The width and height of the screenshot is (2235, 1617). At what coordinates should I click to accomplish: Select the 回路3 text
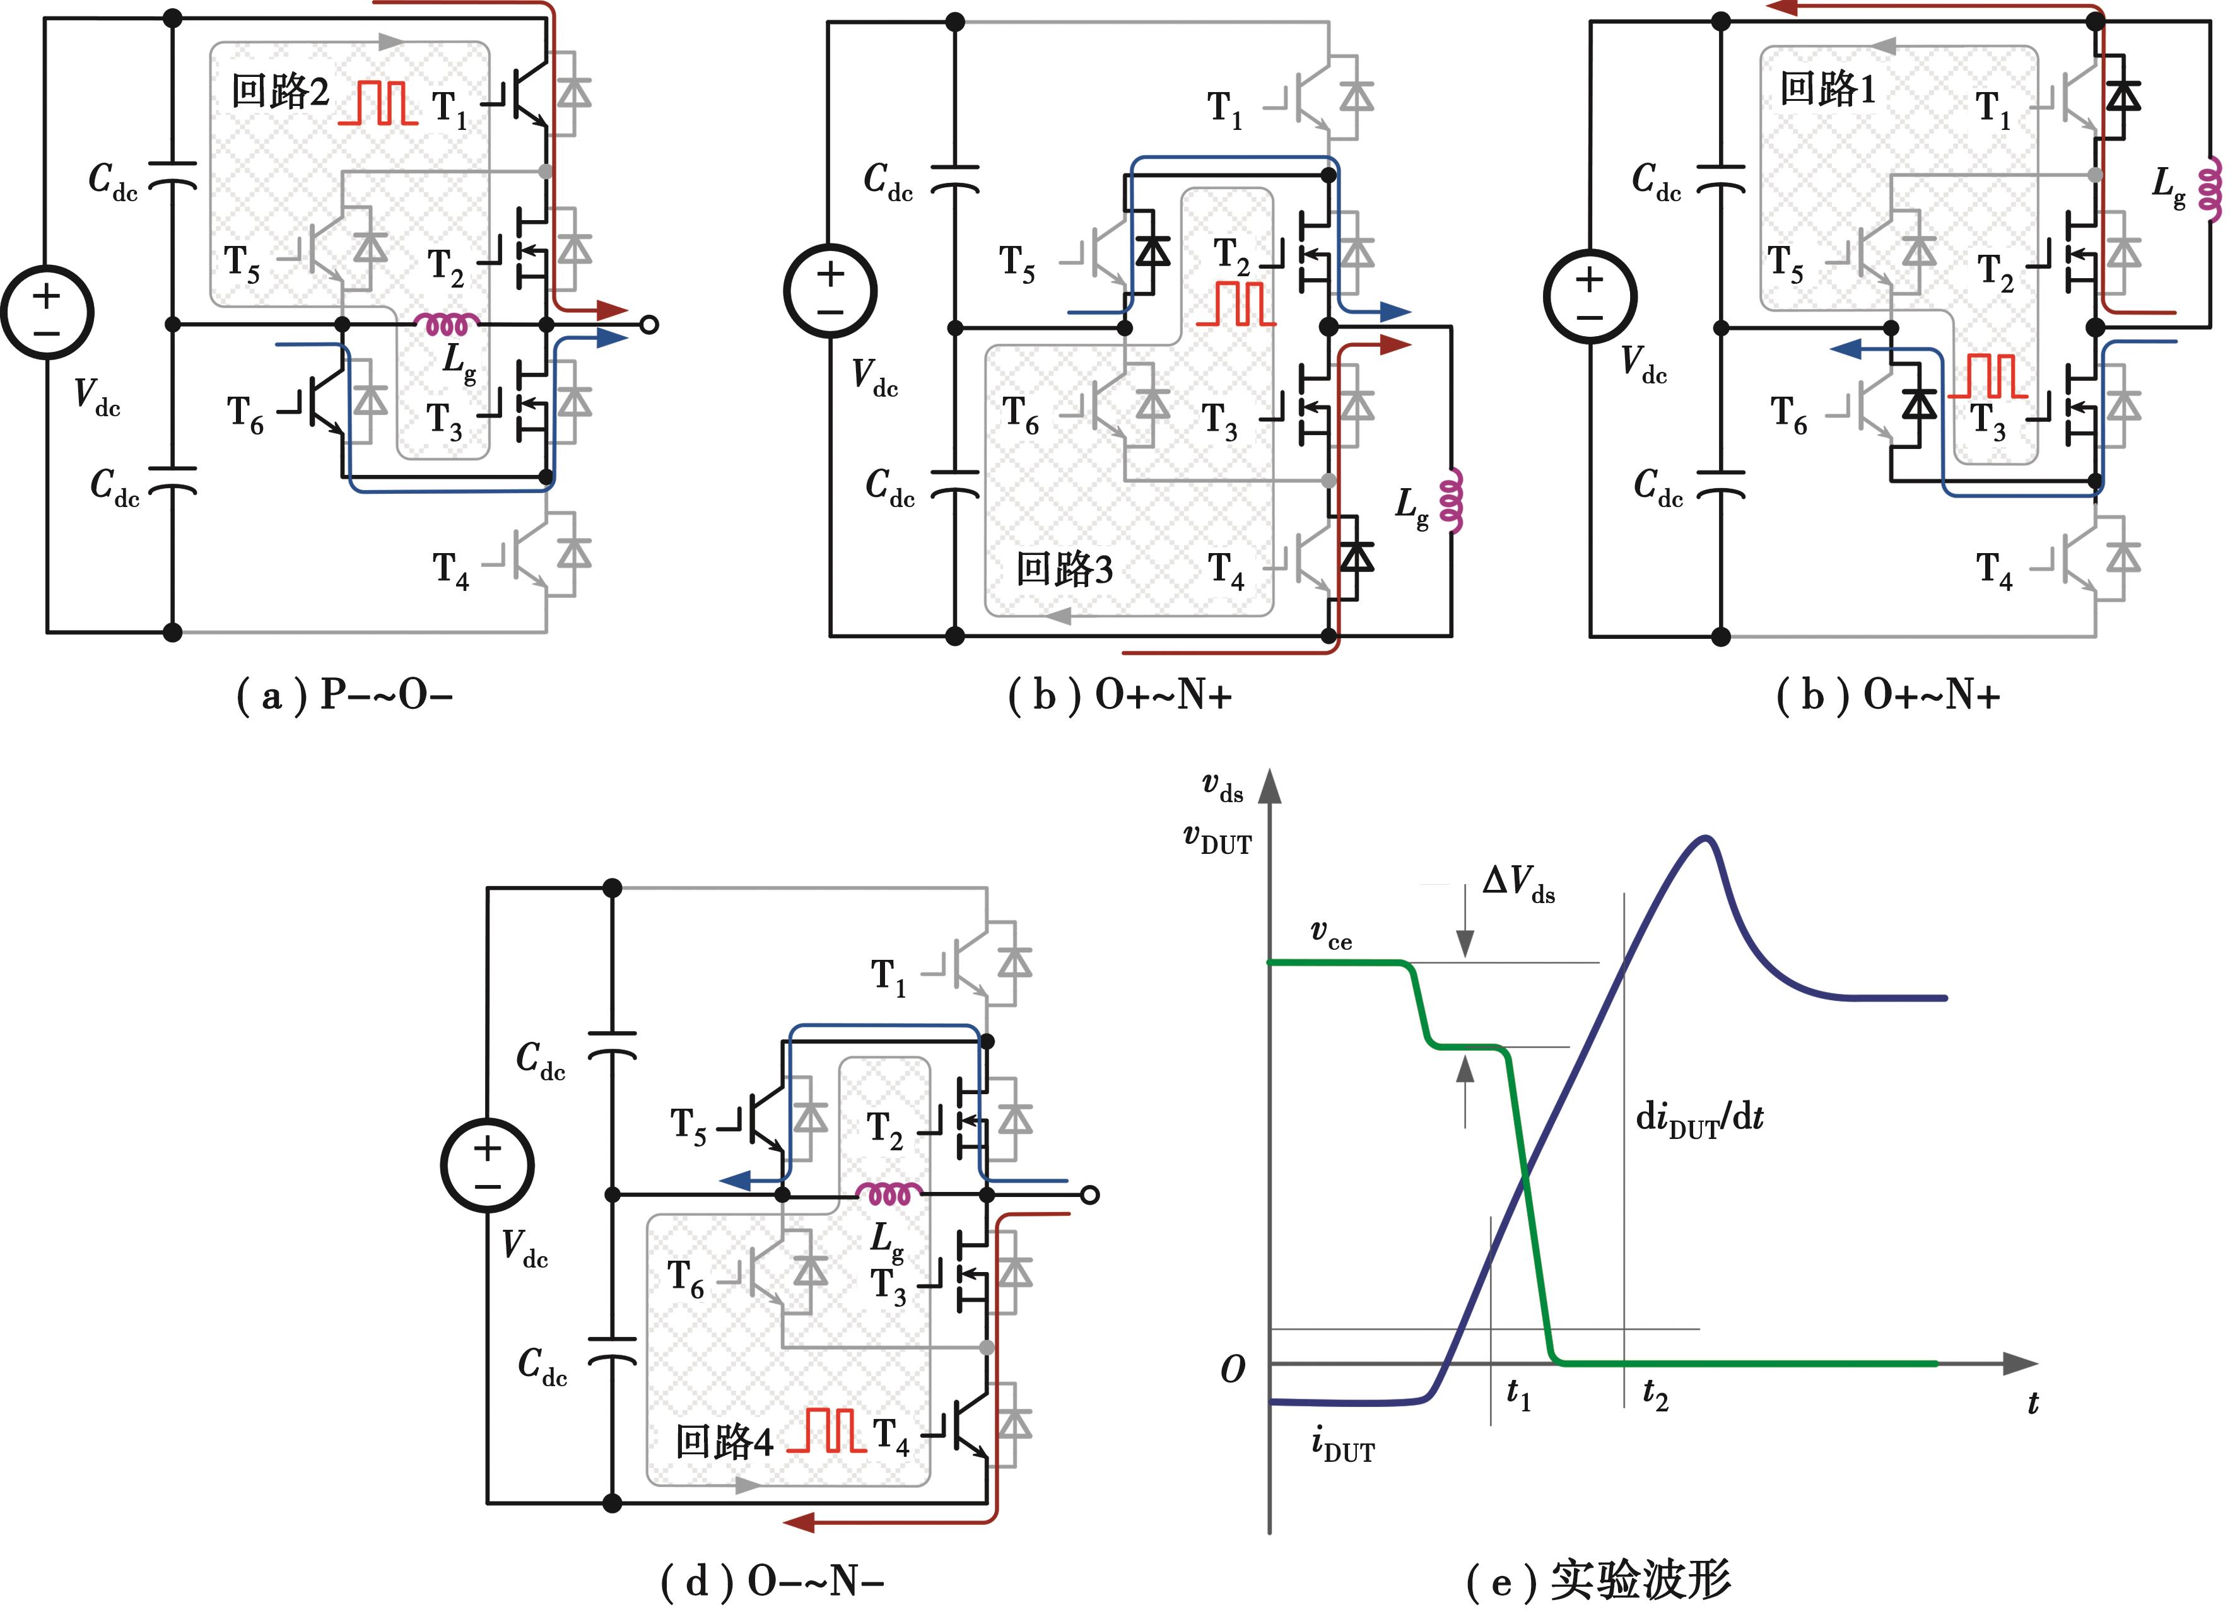coord(1064,569)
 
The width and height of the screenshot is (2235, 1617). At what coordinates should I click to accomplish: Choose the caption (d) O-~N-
coord(771,1582)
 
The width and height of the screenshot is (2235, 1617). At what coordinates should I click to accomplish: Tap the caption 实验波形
coord(1641,1580)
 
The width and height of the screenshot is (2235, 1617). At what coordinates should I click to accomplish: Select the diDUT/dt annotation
coord(1699,1118)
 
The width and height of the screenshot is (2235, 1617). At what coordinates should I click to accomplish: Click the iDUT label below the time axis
coord(1342,1445)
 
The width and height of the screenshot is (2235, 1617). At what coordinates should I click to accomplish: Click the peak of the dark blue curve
coord(1707,839)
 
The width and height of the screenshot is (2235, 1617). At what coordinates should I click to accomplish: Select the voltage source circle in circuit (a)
coord(46,312)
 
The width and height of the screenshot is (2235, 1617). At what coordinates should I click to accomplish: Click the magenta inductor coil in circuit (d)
coord(889,1195)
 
